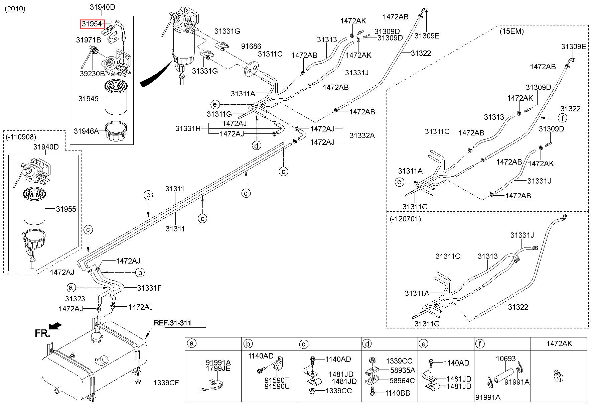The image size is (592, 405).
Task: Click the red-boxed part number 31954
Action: click(x=92, y=24)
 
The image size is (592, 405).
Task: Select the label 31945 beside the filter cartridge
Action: click(x=89, y=99)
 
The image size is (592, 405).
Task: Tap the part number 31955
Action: click(x=66, y=209)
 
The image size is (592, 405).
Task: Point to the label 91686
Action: click(x=251, y=46)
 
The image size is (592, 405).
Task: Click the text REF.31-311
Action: click(x=172, y=323)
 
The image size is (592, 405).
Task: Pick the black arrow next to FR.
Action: click(x=55, y=326)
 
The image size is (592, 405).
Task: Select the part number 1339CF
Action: click(x=166, y=383)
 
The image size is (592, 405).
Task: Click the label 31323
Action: click(x=75, y=299)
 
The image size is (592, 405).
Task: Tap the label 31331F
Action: click(x=149, y=288)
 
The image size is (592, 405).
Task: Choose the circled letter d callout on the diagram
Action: click(x=256, y=145)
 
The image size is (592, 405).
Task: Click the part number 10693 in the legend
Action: click(x=506, y=359)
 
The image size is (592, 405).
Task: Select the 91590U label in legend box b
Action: click(x=277, y=386)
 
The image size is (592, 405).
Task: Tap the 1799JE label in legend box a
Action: click(x=218, y=369)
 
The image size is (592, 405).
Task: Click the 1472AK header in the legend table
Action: click(x=559, y=343)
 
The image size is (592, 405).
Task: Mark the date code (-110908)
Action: click(x=21, y=137)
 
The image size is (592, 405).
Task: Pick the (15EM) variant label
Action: click(x=512, y=31)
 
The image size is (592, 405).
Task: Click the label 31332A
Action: click(x=362, y=135)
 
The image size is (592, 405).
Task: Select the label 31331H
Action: click(x=188, y=128)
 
